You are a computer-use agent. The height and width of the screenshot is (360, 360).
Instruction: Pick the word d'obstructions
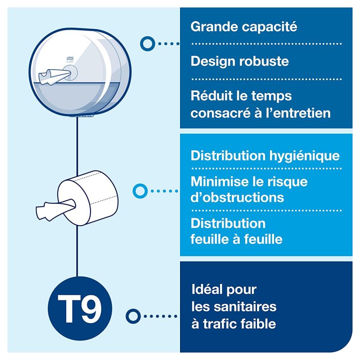[x=237, y=198]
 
